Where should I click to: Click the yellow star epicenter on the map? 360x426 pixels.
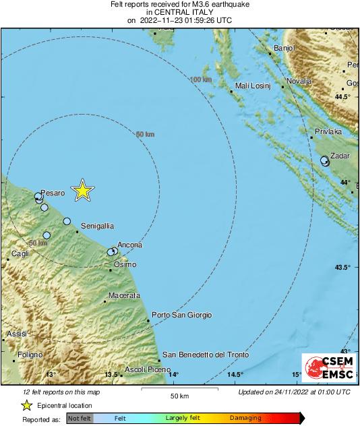click(82, 191)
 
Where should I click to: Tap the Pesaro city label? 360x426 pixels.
click(53, 193)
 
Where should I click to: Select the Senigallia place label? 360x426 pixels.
click(97, 225)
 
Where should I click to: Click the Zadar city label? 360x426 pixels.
click(339, 156)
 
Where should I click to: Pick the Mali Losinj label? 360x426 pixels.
click(252, 86)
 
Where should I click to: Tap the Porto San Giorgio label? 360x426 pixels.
click(182, 315)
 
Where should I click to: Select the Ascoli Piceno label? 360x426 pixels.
click(148, 369)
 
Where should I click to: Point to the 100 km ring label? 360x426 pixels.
click(201, 80)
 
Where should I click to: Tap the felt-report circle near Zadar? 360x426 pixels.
click(325, 160)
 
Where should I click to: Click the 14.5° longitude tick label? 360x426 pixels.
click(235, 375)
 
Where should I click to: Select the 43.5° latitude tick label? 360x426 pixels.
click(342, 268)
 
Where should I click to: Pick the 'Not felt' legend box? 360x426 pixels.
click(80, 419)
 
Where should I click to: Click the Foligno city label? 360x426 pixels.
click(30, 355)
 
